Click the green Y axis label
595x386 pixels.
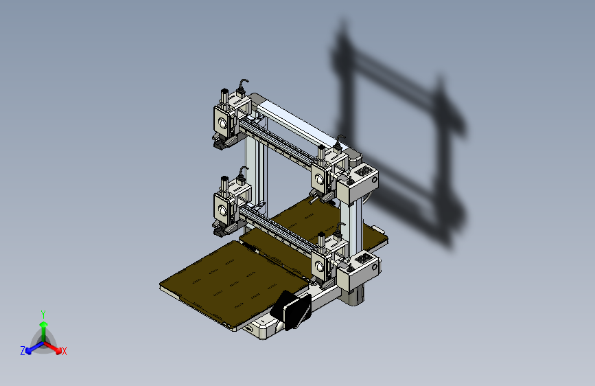43,315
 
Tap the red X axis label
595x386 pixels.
64,352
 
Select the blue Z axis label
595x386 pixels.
23,351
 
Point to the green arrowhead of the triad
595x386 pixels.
44,324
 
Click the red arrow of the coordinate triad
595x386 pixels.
53,348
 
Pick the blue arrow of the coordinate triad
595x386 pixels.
35,348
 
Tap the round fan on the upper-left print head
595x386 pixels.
222,123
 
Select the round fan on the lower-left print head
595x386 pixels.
222,209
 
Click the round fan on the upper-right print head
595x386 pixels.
319,179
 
